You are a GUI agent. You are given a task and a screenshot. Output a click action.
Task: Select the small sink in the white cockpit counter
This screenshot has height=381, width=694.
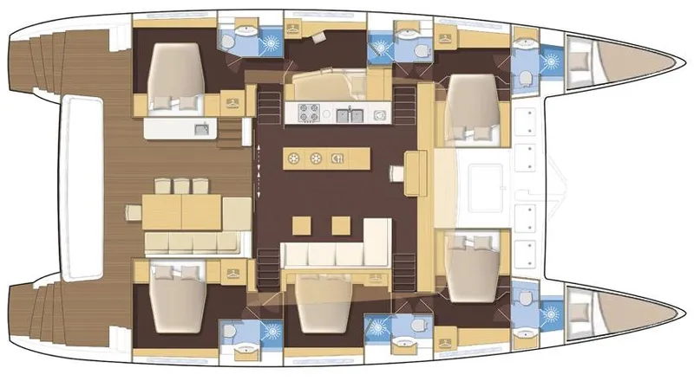click(201, 130)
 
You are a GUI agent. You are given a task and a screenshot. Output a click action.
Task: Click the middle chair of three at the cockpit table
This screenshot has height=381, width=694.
click(180, 185)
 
